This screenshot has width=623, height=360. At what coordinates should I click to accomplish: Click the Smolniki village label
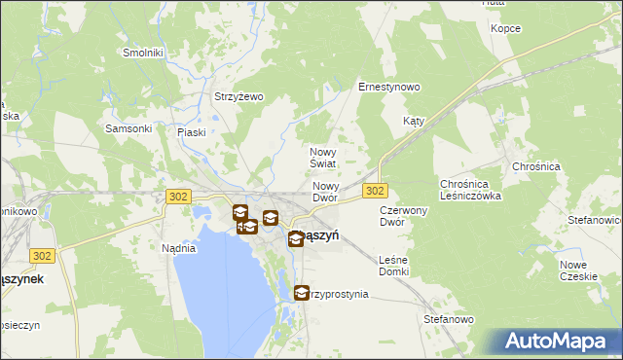point(142,52)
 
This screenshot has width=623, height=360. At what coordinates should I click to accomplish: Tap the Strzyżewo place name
point(239,96)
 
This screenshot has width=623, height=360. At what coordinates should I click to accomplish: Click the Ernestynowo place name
point(389,87)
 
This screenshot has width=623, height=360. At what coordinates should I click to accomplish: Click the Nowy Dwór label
point(325,192)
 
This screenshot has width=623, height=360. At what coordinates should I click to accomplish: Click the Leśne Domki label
point(393,266)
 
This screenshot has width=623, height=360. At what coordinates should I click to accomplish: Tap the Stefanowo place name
point(449,319)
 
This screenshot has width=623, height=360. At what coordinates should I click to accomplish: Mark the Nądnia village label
point(179,248)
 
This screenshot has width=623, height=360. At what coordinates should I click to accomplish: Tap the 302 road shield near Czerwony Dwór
point(376,191)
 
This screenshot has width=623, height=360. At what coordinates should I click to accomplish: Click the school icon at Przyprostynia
point(301,292)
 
